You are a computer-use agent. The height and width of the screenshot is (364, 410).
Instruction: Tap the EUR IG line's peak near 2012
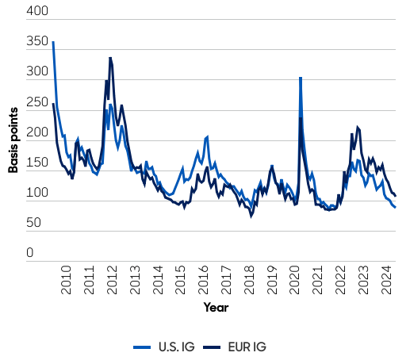110,58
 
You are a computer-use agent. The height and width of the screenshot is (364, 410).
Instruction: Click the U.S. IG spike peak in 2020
300,78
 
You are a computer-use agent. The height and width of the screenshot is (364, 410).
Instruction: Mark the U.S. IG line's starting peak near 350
53,42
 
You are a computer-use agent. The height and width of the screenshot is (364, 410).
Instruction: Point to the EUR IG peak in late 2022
358,127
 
